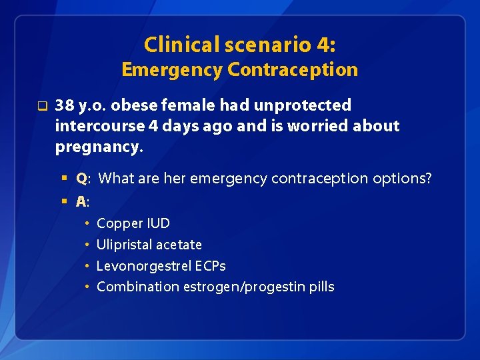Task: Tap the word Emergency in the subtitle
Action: click(171, 69)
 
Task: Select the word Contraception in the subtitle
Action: click(293, 69)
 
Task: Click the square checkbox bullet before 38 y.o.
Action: click(42, 105)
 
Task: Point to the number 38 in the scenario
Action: click(65, 105)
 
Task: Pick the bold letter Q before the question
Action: click(81, 179)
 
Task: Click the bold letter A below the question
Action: click(81, 201)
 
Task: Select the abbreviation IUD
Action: click(158, 223)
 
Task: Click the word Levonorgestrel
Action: click(144, 266)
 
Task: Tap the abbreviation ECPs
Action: click(211, 266)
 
